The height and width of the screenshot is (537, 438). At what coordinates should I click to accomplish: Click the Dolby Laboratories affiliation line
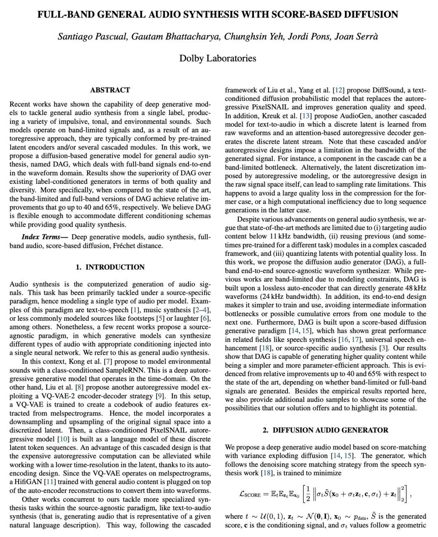(218, 58)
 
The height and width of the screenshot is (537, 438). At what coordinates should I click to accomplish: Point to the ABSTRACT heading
(110, 90)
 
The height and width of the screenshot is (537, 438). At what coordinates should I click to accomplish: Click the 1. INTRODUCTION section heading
(110, 267)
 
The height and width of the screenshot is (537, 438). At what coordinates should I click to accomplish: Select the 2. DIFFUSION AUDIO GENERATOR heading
(325, 430)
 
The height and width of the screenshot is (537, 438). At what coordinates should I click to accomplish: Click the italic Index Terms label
(41, 237)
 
